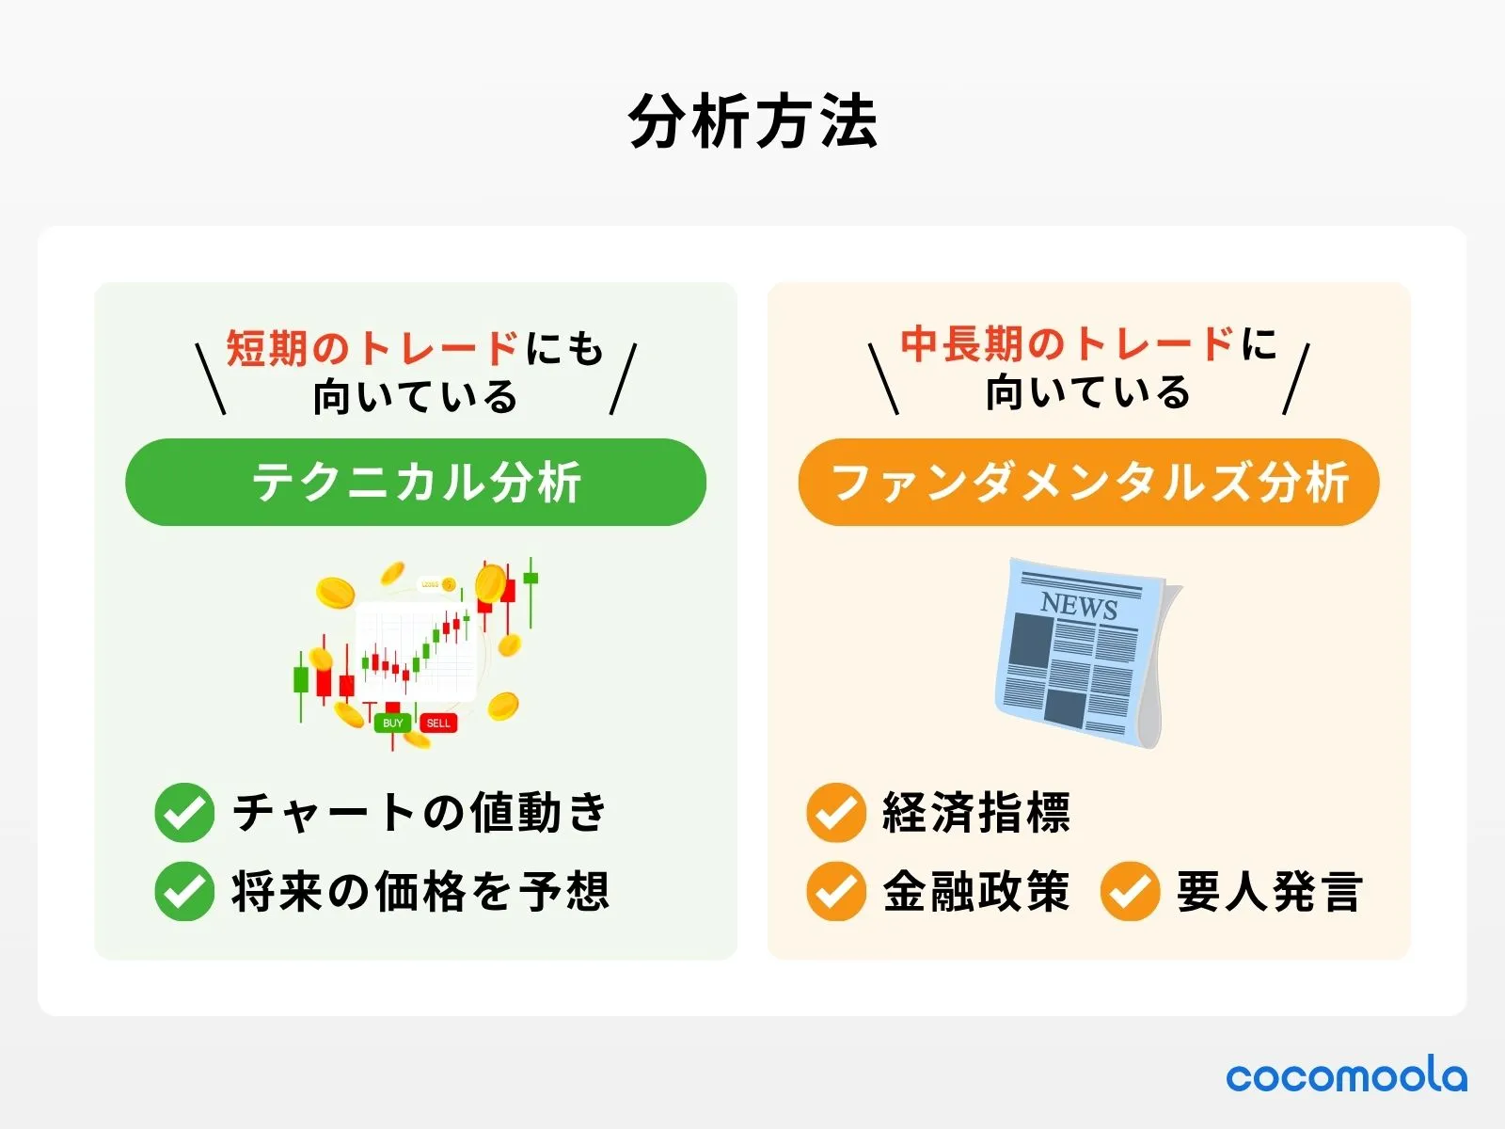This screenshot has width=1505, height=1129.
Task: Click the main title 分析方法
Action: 752,121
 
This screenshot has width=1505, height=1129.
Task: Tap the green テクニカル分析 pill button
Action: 415,482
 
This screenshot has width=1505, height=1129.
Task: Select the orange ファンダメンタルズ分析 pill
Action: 1088,482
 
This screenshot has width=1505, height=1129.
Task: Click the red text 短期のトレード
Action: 372,348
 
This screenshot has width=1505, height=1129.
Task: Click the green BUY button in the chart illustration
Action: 392,723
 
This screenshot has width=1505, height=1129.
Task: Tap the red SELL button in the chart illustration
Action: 438,723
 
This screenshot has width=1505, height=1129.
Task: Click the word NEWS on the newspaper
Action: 1079,605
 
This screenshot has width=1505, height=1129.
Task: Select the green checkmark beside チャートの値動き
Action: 184,813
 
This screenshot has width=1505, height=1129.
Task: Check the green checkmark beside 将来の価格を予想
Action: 184,891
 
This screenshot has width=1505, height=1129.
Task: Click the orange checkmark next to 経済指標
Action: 835,813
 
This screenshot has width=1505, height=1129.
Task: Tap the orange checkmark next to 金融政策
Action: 835,891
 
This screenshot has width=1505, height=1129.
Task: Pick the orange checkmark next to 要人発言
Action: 1130,891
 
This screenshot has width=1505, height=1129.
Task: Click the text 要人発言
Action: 1269,891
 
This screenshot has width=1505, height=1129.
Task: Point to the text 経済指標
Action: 976,813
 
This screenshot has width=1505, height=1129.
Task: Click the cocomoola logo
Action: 1346,1076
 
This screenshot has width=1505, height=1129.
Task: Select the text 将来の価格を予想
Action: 420,891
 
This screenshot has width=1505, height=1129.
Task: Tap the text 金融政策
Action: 976,891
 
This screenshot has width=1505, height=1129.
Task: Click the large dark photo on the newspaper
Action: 1030,642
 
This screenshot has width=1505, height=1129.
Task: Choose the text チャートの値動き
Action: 420,813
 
